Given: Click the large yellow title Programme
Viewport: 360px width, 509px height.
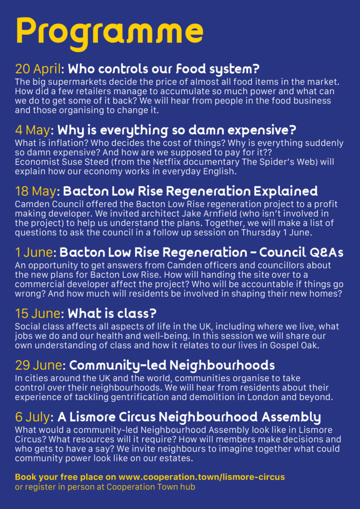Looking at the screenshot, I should tap(109, 31).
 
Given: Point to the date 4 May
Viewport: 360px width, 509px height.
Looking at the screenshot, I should tap(32, 130).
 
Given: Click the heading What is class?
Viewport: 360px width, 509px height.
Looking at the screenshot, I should tap(112, 314).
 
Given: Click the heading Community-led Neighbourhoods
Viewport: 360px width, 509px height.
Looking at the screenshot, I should tap(172, 366).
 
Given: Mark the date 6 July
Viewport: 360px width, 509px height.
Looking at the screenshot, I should tap(34, 417).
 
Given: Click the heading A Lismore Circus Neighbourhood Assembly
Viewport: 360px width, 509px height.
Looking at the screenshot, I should tap(189, 417).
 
